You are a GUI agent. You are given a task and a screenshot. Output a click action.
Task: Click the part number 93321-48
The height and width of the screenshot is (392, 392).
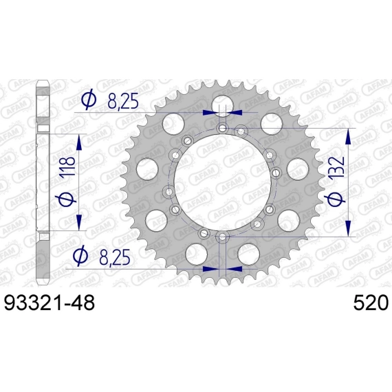(50, 302)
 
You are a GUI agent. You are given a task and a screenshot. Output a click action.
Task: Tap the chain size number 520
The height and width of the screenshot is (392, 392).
(371, 302)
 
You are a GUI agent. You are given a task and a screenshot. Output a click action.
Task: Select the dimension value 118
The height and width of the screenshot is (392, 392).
(67, 166)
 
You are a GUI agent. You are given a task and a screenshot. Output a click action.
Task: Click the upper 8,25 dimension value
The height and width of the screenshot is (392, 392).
(122, 102)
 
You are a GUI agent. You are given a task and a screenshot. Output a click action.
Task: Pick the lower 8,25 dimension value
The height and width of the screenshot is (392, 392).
(115, 258)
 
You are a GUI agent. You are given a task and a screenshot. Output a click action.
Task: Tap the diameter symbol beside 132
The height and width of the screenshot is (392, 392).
(337, 196)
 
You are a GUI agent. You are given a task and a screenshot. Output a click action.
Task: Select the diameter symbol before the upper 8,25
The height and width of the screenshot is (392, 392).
(89, 100)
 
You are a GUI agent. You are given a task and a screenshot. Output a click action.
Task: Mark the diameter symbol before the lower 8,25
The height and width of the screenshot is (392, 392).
(80, 255)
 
